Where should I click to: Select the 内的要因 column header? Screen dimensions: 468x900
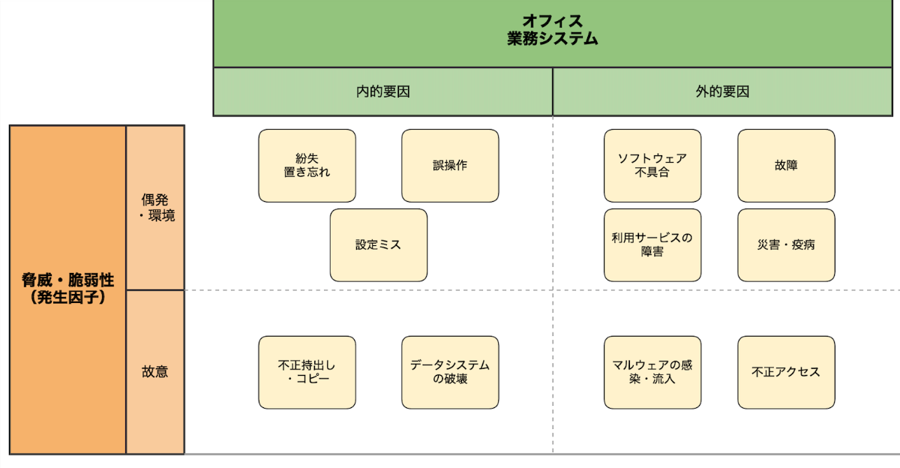(382, 92)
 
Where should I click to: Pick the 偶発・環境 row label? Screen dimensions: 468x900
(155, 208)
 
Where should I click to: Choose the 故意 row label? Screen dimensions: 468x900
(155, 371)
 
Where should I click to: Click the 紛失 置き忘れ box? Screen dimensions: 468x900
(307, 166)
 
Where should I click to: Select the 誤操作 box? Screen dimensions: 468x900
(450, 166)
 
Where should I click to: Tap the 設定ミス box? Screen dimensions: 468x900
(379, 245)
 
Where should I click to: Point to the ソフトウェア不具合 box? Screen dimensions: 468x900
(652, 166)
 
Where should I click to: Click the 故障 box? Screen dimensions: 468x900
(786, 166)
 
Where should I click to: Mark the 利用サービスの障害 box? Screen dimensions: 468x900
(652, 245)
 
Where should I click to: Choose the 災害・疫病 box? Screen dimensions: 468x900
(786, 245)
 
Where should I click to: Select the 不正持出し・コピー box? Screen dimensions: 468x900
(307, 372)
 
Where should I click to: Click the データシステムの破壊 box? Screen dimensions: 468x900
(450, 372)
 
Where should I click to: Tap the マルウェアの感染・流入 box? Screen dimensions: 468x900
(652, 372)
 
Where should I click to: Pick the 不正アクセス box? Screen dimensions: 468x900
(786, 372)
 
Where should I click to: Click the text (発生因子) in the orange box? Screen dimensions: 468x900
(67, 298)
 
